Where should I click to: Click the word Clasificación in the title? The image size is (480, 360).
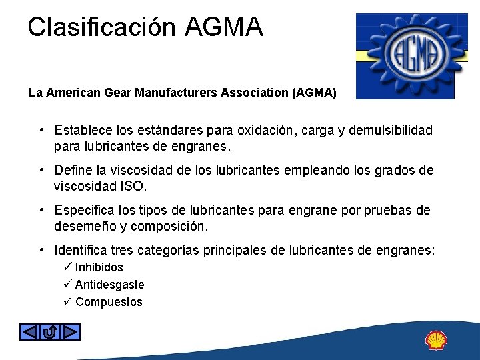(x=102, y=27)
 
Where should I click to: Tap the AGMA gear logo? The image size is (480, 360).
(x=405, y=56)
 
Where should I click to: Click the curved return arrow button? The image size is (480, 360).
(x=50, y=331)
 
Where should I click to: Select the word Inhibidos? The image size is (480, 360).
(x=99, y=267)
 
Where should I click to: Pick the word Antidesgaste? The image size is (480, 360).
(x=109, y=285)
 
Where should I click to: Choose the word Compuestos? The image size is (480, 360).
(x=109, y=302)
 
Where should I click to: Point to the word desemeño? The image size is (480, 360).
(x=89, y=226)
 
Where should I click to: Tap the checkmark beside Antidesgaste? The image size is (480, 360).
(x=67, y=285)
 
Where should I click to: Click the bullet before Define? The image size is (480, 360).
(x=41, y=170)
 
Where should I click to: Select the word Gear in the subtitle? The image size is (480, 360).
(x=118, y=93)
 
